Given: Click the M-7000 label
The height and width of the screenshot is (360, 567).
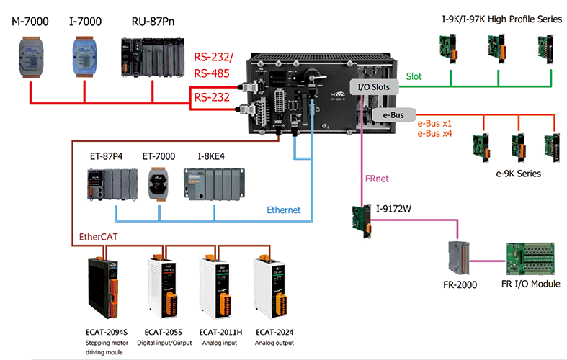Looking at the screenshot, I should click(x=31, y=22).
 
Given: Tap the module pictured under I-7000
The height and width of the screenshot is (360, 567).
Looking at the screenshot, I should click(x=84, y=54).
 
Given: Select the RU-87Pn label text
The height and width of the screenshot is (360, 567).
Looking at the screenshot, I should click(x=152, y=22).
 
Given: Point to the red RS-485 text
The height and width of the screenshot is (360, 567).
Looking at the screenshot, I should click(x=210, y=72).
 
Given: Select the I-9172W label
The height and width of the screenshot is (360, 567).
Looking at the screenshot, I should click(x=392, y=210).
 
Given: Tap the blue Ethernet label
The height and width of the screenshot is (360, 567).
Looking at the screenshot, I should click(x=285, y=210).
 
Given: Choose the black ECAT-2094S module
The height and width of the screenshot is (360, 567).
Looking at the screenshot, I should click(x=103, y=288).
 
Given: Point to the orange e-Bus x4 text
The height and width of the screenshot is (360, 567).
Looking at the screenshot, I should click(x=436, y=133).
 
